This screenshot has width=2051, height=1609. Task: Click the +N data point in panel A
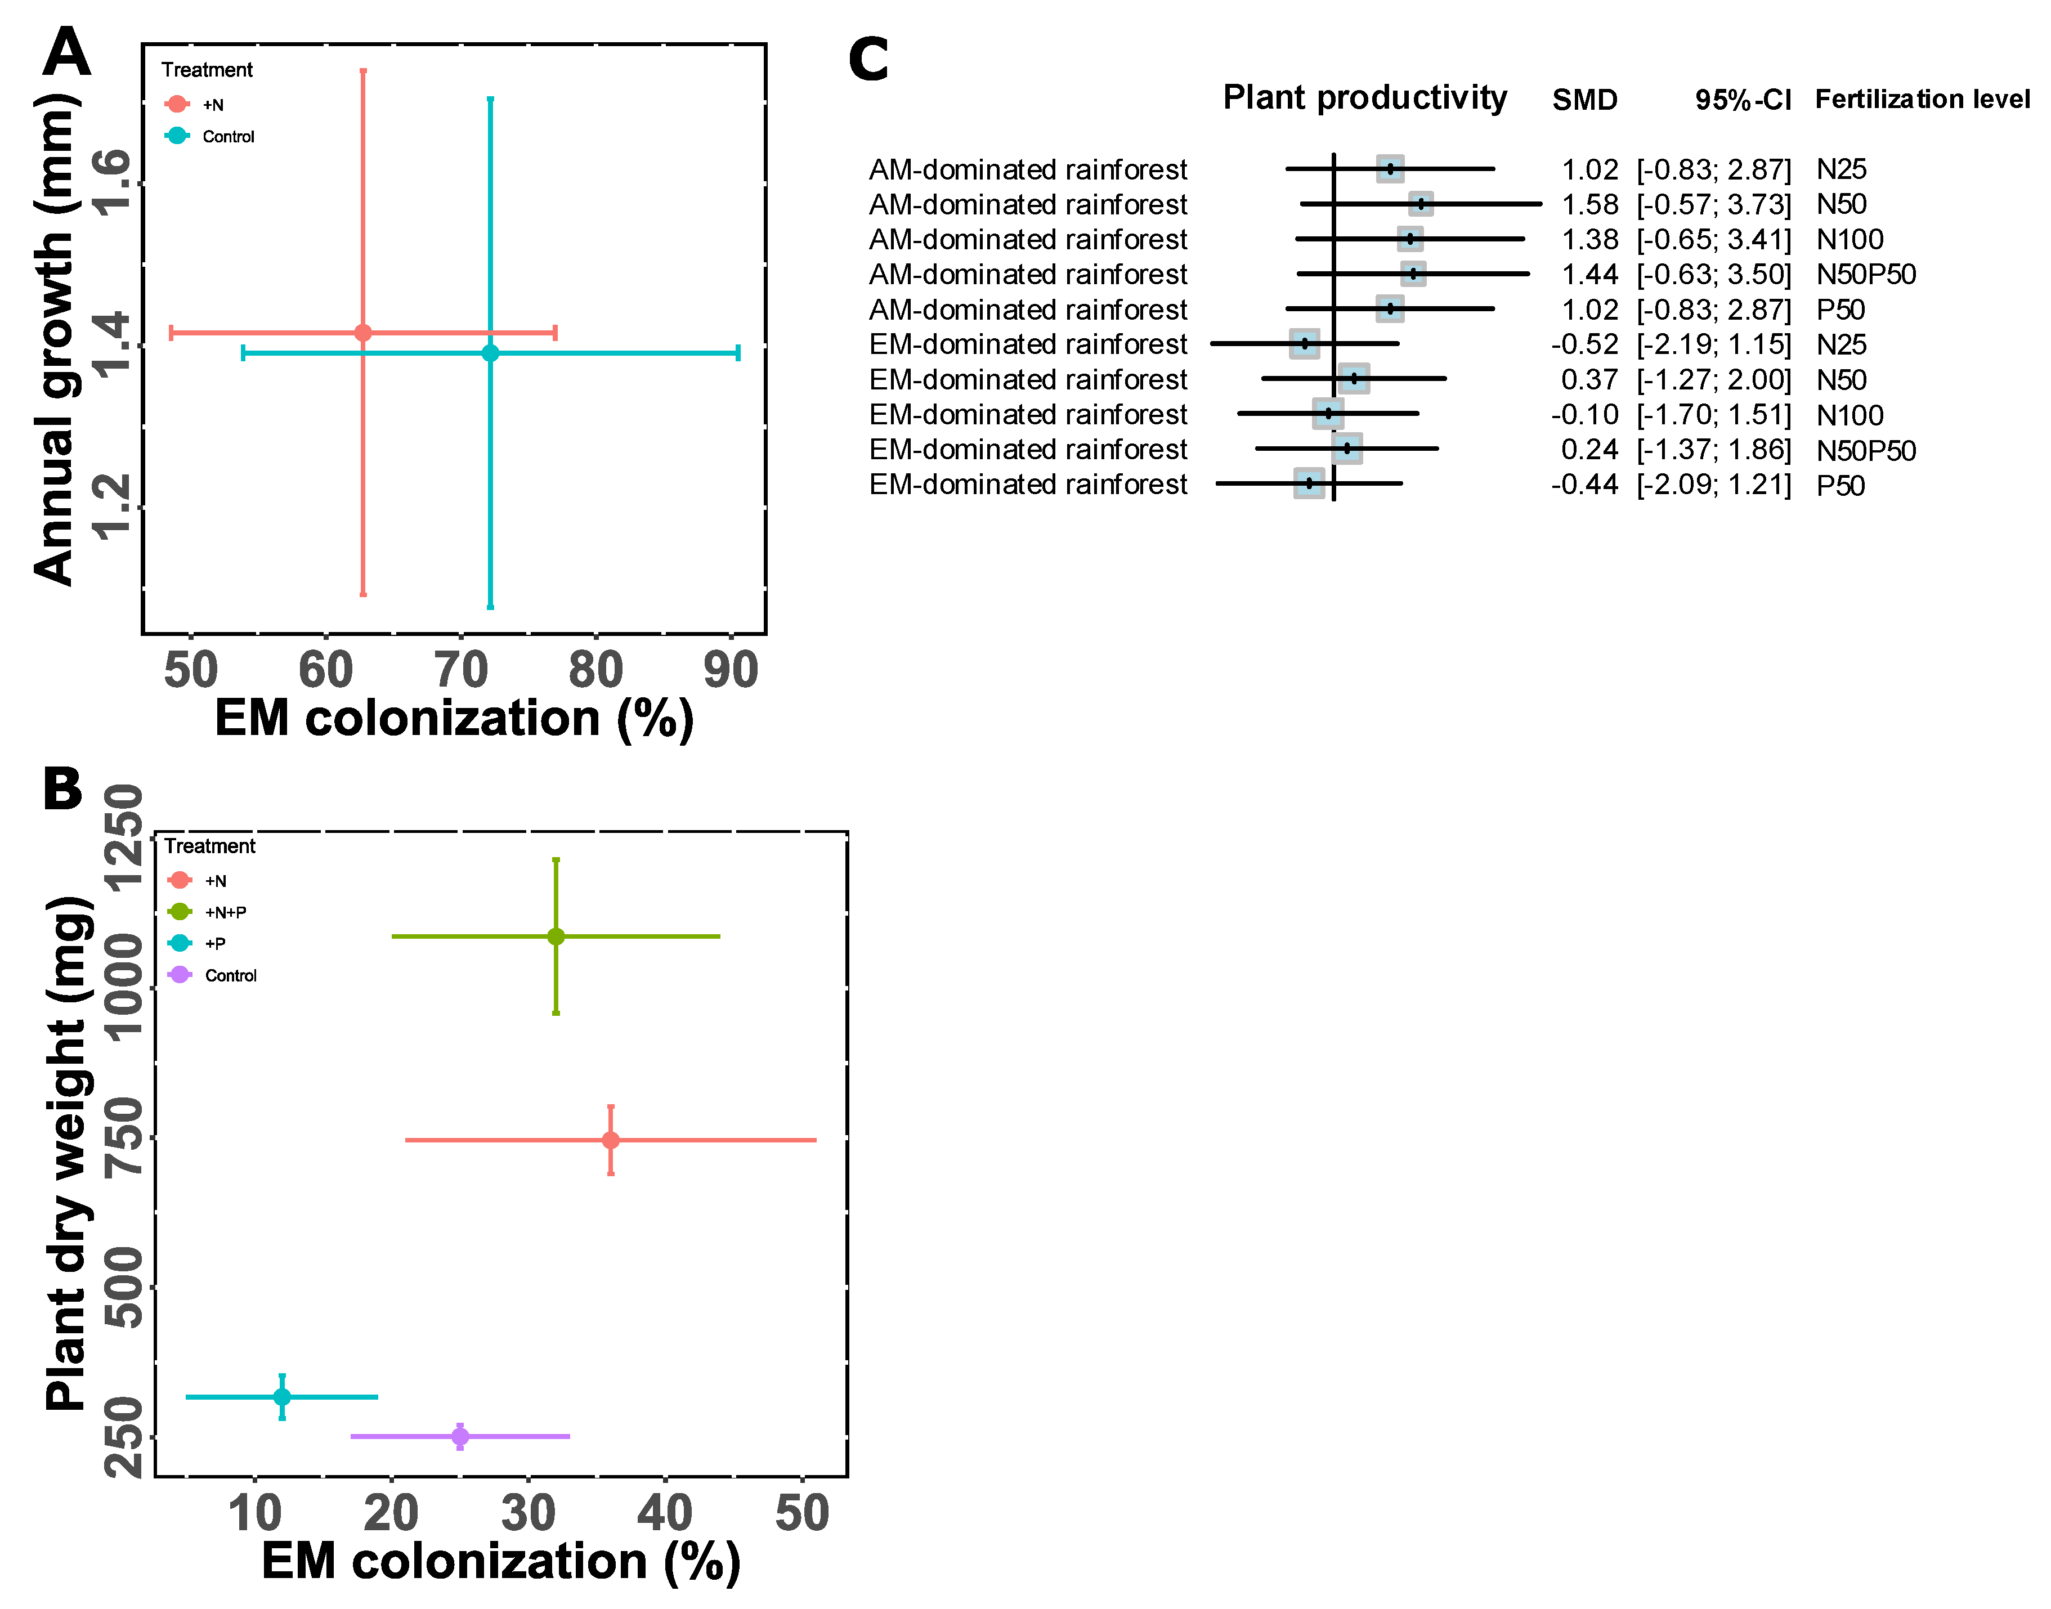[x=362, y=333]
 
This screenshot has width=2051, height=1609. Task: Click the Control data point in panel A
[x=490, y=353]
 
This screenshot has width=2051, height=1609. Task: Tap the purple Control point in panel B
[x=460, y=1437]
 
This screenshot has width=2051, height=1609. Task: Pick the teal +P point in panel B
[x=281, y=1396]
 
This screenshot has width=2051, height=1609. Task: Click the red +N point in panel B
[x=611, y=1140]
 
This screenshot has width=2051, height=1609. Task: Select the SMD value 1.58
[x=1589, y=204]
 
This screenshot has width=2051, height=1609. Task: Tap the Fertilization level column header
[x=1922, y=99]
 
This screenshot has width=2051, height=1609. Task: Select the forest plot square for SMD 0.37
[x=1354, y=379]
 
